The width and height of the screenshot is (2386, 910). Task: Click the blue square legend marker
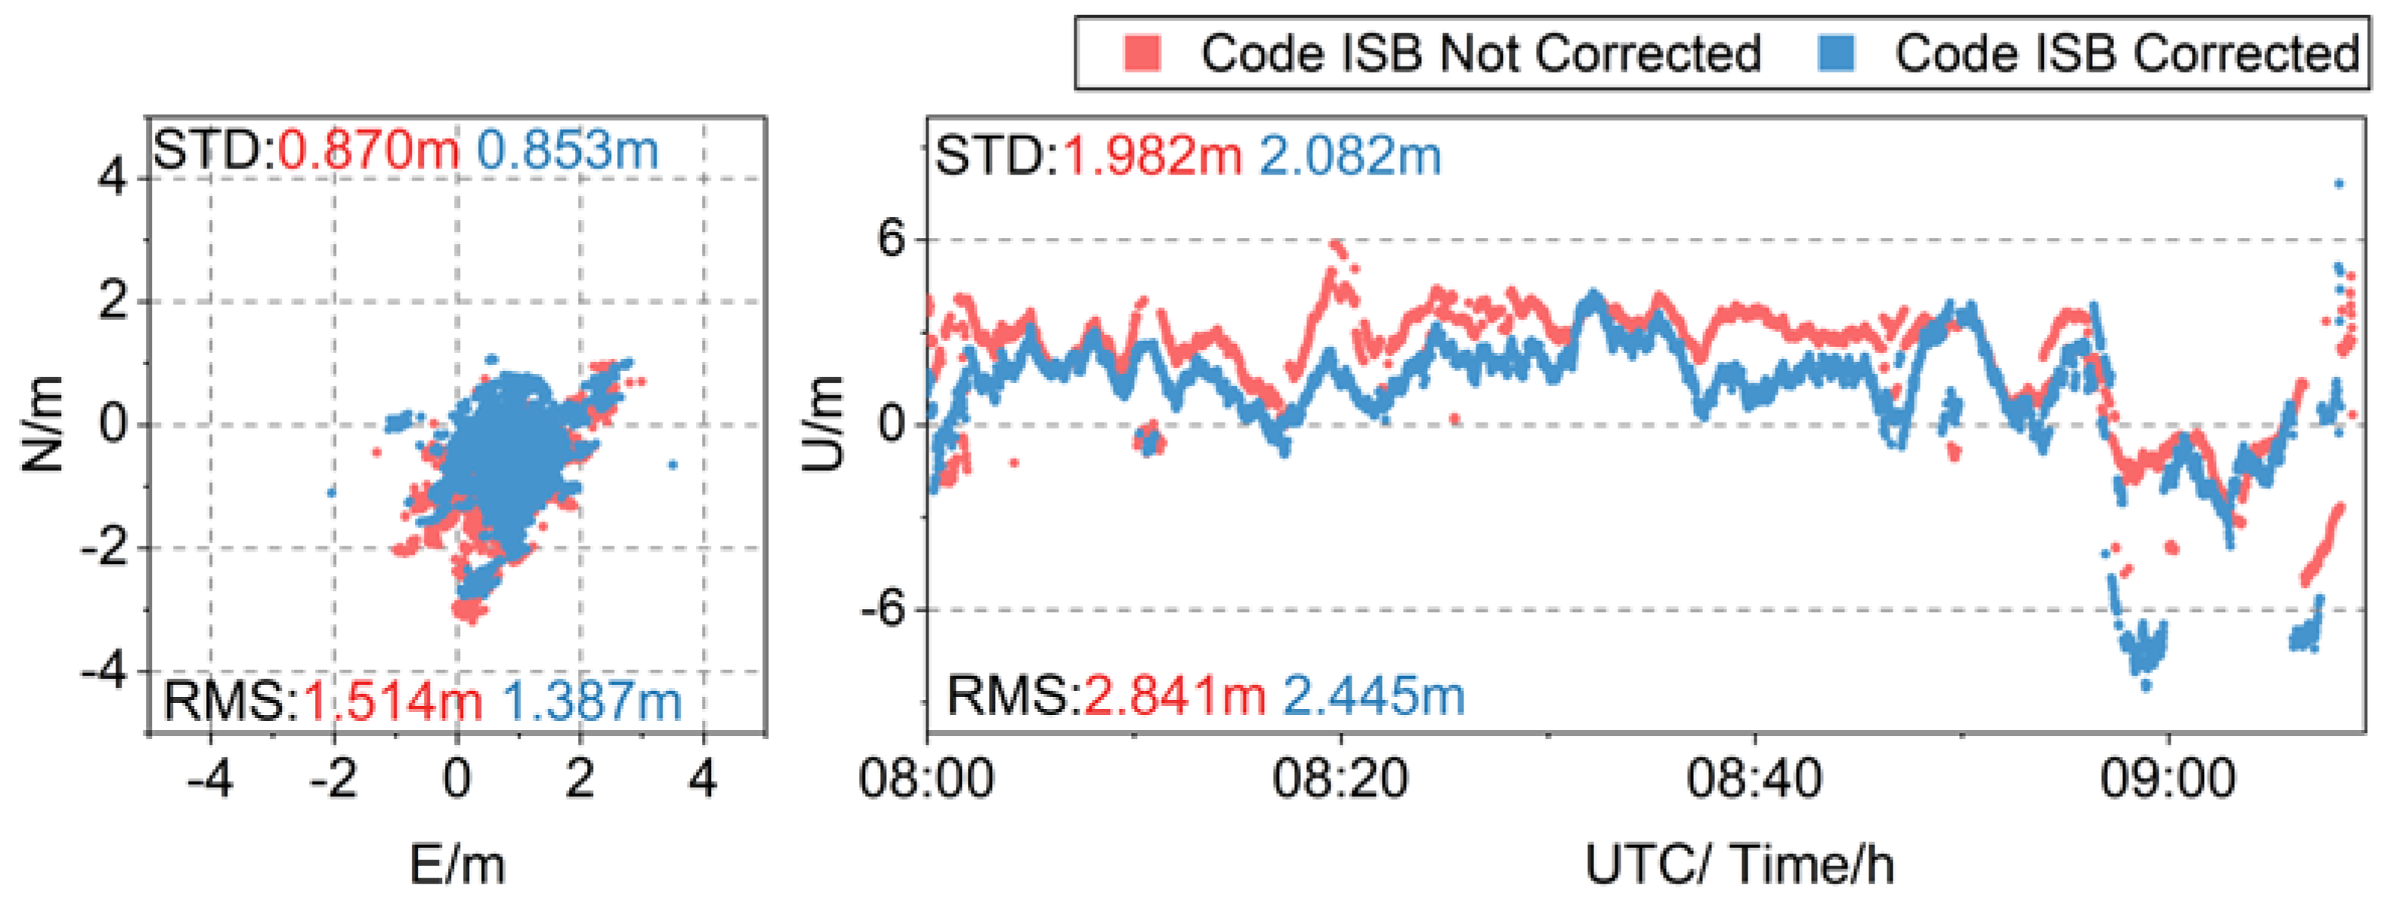(x=1836, y=53)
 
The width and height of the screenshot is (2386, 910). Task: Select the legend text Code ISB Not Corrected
(x=1480, y=53)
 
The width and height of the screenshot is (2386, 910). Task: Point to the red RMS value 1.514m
(x=393, y=701)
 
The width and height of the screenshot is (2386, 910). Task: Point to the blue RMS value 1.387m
(x=592, y=701)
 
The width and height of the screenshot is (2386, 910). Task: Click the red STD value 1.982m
(x=1151, y=155)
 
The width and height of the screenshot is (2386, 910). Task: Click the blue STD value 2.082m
(x=1350, y=155)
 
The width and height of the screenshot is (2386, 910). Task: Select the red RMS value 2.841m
(x=1174, y=695)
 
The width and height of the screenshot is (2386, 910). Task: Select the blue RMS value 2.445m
(x=1374, y=695)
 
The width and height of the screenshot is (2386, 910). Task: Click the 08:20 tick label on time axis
(x=1340, y=778)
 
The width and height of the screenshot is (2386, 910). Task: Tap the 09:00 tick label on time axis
(x=2168, y=778)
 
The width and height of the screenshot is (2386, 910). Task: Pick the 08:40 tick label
(x=1754, y=778)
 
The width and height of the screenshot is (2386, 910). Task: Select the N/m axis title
(x=42, y=425)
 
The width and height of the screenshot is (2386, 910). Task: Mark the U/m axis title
(x=824, y=425)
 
